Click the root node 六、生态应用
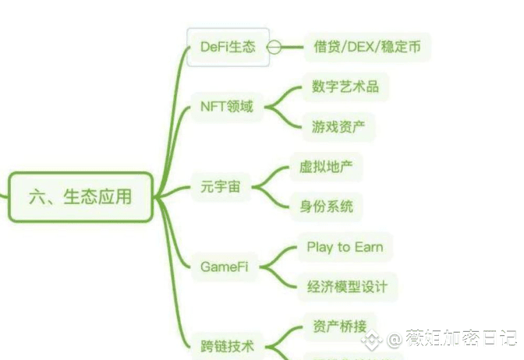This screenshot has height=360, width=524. point(80,196)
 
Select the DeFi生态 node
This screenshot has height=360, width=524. point(228,47)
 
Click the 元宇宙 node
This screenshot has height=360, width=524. point(221,187)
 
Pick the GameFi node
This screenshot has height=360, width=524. point(225,266)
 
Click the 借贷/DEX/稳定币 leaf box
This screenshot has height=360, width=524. point(366,47)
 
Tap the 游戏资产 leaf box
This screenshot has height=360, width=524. point(338,126)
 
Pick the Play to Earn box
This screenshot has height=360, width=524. point(344,247)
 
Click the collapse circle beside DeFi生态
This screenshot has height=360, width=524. point(274,47)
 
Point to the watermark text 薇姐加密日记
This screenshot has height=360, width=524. point(461,340)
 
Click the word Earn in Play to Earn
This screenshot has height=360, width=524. point(368,247)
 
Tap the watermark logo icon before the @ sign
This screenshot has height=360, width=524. point(377,340)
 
